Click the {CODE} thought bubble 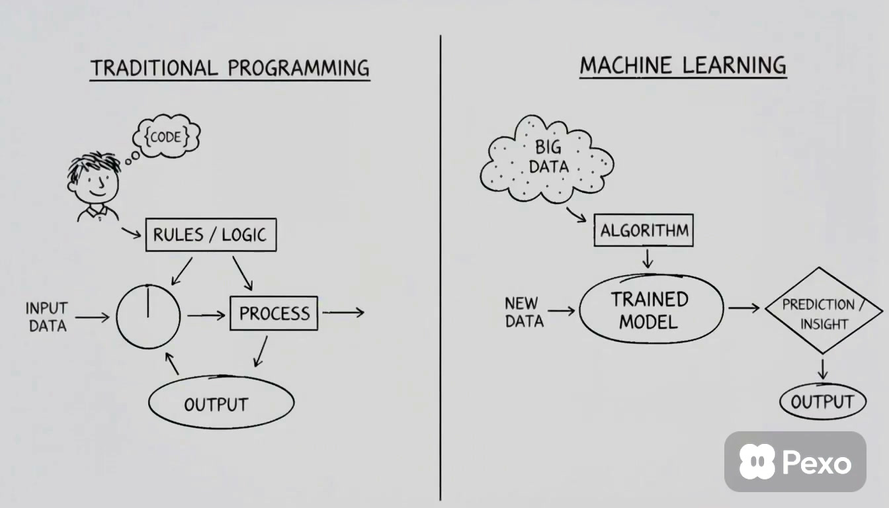167,136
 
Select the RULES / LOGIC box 211,235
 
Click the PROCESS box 274,313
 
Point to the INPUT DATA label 47,317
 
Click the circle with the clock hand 148,316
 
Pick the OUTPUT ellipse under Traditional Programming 222,402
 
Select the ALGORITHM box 644,230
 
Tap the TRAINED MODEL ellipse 651,309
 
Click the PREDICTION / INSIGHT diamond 823,311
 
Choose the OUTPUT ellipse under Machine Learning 823,402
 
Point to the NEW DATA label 523,312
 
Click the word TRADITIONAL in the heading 155,68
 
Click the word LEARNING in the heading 734,65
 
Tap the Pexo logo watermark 795,462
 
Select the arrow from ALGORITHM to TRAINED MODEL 648,259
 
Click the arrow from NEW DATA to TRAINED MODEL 561,311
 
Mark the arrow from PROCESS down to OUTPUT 261,352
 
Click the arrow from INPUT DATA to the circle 92,317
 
